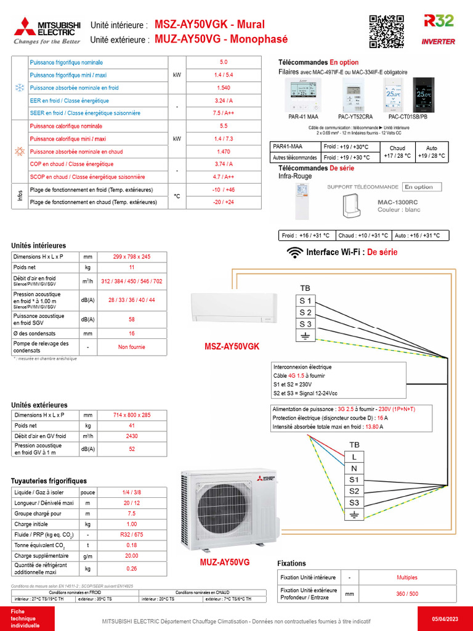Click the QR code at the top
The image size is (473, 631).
[386, 31]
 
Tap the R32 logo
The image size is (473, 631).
[439, 22]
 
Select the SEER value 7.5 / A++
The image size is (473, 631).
[223, 113]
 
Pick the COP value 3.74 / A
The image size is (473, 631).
[223, 164]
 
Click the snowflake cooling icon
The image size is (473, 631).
[19, 88]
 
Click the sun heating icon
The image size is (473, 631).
[19, 151]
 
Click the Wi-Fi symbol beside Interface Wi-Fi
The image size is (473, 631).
[296, 252]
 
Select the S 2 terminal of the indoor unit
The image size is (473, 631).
[305, 312]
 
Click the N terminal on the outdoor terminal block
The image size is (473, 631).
[354, 468]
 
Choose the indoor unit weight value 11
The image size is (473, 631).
[131, 267]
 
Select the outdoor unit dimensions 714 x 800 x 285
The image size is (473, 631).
[131, 415]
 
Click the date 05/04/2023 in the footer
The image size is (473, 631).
[445, 618]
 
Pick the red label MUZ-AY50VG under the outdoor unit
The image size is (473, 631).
[224, 563]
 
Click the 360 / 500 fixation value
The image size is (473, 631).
[406, 593]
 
